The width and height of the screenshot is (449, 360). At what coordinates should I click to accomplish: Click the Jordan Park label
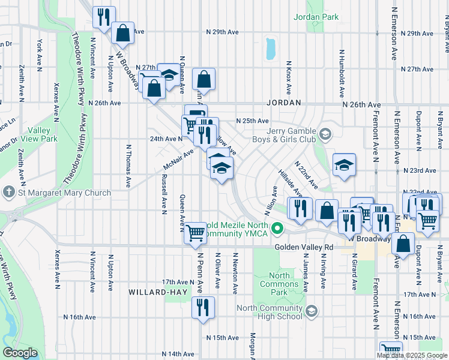[316, 17]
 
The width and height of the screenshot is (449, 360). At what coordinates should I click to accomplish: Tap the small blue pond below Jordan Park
[270, 49]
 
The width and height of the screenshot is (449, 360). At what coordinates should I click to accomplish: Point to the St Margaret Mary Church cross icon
[8, 193]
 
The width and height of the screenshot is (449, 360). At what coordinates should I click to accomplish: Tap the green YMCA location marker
[277, 228]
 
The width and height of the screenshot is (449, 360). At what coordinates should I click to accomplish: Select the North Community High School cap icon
[310, 311]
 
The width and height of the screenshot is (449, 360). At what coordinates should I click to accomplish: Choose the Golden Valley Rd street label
[304, 247]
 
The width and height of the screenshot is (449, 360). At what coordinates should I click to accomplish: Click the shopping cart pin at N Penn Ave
[196, 233]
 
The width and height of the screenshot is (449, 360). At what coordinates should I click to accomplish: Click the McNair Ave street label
[178, 160]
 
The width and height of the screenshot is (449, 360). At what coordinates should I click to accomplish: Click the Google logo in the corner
[20, 353]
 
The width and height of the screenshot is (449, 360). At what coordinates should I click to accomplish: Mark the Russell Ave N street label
[163, 194]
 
